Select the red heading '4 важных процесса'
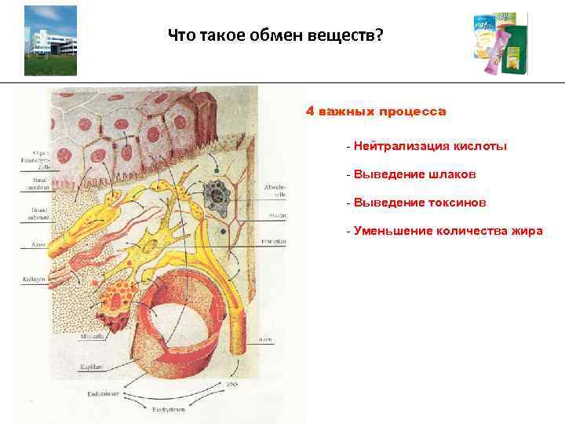(376, 111)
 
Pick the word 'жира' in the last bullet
(526, 231)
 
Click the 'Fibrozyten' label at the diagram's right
(274, 243)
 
